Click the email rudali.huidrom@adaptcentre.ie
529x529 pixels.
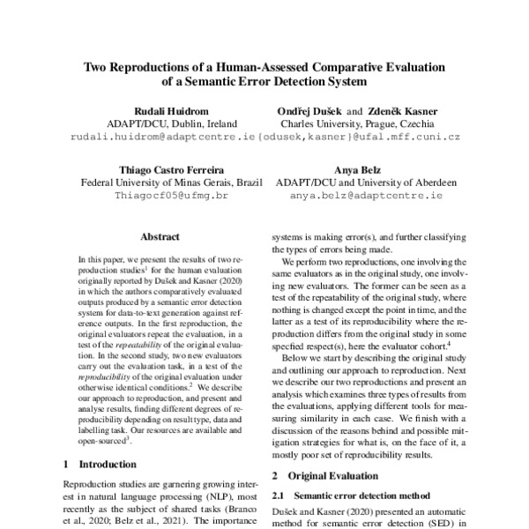[x=147, y=138]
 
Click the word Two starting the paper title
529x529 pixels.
[x=97, y=66]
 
